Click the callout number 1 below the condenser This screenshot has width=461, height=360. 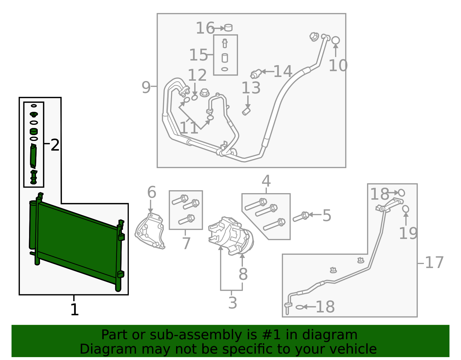(74, 310)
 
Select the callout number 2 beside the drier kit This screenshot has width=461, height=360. (55, 145)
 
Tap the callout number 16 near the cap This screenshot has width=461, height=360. (205, 28)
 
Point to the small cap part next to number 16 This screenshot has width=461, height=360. (228, 28)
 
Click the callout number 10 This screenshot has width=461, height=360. (338, 65)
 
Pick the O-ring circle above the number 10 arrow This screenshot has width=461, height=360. (335, 40)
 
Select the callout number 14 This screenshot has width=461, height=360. (283, 71)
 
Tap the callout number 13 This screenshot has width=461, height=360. (251, 88)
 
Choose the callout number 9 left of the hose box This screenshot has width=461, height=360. (146, 87)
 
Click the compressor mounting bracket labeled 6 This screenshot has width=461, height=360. (150, 231)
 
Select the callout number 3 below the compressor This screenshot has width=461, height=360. (233, 303)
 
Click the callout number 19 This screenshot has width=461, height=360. (408, 233)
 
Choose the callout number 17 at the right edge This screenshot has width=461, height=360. (434, 262)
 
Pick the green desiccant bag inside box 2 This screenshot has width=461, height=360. (33, 156)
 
